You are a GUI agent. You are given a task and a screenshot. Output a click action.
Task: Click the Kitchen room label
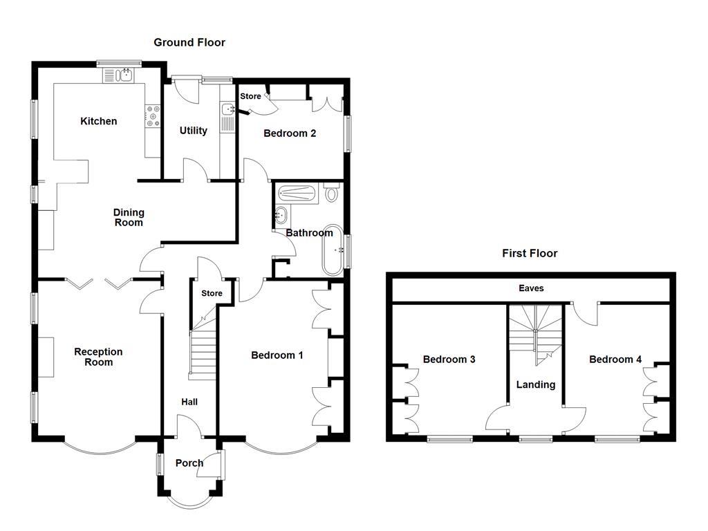click(98, 121)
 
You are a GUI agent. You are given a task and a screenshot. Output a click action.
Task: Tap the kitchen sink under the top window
click(118, 75)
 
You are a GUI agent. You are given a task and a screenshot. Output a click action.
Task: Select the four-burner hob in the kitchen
click(153, 116)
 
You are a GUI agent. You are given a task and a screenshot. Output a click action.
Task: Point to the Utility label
click(194, 131)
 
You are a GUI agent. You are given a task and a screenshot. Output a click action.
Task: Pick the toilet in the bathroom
click(332, 192)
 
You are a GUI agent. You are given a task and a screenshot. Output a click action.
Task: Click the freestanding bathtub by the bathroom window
click(333, 250)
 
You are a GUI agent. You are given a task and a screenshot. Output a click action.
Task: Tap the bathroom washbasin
click(281, 215)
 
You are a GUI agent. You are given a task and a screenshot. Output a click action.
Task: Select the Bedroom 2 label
click(290, 133)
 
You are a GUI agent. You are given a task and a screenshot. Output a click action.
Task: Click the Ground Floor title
click(189, 42)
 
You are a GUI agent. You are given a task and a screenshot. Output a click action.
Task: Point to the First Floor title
click(530, 253)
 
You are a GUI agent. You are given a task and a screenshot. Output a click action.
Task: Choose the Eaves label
click(531, 288)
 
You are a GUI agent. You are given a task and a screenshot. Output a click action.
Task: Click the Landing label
click(536, 384)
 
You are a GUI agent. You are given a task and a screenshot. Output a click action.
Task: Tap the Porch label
click(189, 463)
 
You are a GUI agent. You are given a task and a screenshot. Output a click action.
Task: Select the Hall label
click(189, 402)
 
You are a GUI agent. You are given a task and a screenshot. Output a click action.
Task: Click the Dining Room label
click(129, 217)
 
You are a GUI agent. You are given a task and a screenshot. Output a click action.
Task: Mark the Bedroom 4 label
click(615, 360)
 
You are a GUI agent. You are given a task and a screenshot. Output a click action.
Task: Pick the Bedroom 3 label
click(449, 360)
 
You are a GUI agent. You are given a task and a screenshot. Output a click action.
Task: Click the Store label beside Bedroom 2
click(250, 96)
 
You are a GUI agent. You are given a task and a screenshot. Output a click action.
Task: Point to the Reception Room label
click(98, 357)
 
